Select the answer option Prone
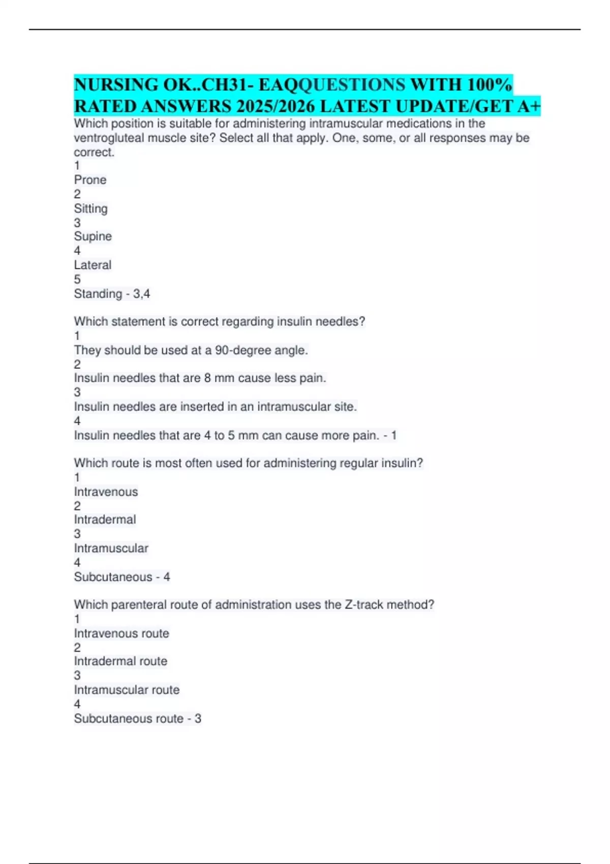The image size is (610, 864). click(90, 180)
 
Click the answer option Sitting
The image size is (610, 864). click(90, 208)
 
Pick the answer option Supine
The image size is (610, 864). click(93, 236)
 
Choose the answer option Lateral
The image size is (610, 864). click(93, 265)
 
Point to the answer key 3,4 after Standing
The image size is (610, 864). click(141, 294)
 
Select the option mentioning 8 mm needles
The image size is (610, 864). click(200, 378)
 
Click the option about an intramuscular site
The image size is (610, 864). click(215, 407)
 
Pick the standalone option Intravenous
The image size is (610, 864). click(106, 491)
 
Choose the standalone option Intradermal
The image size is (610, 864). click(105, 519)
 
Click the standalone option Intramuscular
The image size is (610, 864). click(111, 548)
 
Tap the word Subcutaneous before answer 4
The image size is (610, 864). click(113, 577)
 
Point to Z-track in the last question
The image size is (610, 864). click(363, 605)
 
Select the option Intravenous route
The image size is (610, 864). click(121, 633)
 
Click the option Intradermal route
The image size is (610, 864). click(120, 661)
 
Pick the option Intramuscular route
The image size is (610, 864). click(127, 690)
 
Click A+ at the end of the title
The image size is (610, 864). click(529, 106)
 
